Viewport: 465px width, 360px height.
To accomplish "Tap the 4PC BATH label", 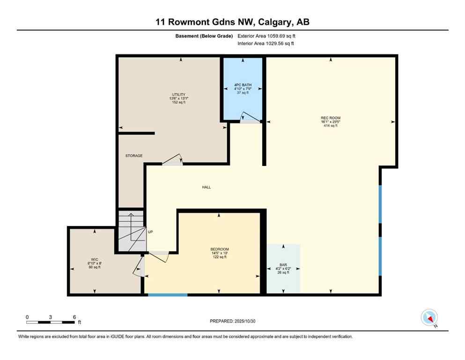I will (242, 85).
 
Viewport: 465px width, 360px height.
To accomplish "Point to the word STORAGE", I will (133, 156).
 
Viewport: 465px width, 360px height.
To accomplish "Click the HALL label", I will (206, 187).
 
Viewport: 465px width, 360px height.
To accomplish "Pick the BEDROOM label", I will (219, 249).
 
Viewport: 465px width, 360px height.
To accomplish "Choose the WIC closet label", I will (95, 259).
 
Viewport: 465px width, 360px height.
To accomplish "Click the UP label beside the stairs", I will (151, 232).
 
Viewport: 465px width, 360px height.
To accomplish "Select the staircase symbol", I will (131, 232).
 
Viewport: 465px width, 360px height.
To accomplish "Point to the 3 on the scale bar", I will (50, 317).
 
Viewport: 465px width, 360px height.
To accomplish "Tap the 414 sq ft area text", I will (331, 127).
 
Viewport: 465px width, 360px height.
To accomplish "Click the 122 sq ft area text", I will (219, 257).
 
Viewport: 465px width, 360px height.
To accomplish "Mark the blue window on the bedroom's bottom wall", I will (168, 295).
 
